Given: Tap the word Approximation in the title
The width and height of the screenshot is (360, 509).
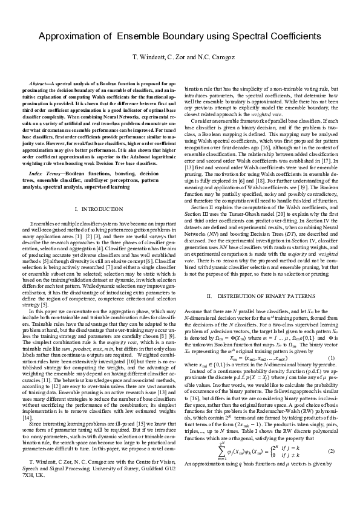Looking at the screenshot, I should click(x=72, y=37).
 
